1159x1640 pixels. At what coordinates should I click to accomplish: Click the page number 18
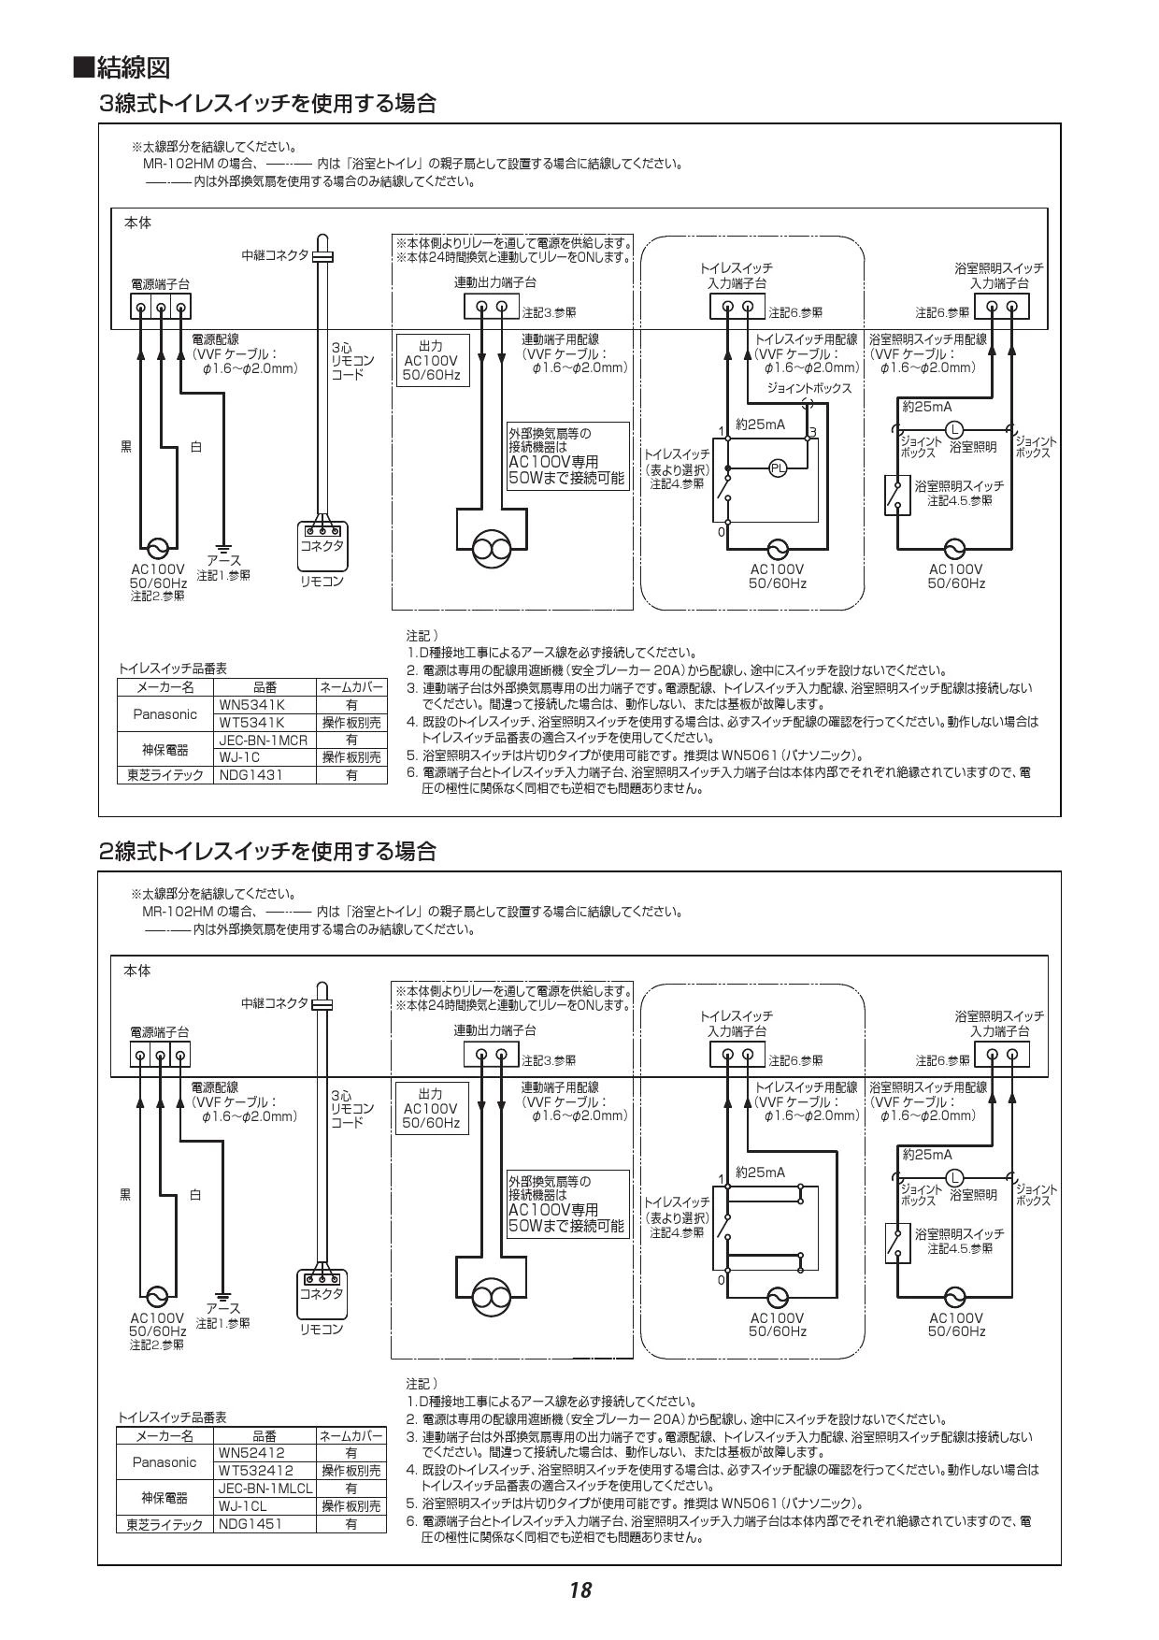coord(579,1590)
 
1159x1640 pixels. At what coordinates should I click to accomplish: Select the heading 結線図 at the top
coord(122,68)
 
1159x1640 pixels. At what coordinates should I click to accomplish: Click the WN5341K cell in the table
coord(251,705)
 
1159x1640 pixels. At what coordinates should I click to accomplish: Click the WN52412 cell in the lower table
coord(251,1453)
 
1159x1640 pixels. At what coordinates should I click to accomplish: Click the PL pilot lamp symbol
coord(778,468)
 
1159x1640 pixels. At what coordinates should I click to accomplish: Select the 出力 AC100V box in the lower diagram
coord(431,1108)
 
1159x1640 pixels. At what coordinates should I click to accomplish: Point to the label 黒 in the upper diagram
coord(125,447)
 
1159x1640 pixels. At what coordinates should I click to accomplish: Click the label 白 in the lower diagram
coord(195,1195)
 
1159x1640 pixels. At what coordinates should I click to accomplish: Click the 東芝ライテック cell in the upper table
coord(165,774)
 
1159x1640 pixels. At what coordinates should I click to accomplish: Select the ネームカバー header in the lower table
coord(351,1435)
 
